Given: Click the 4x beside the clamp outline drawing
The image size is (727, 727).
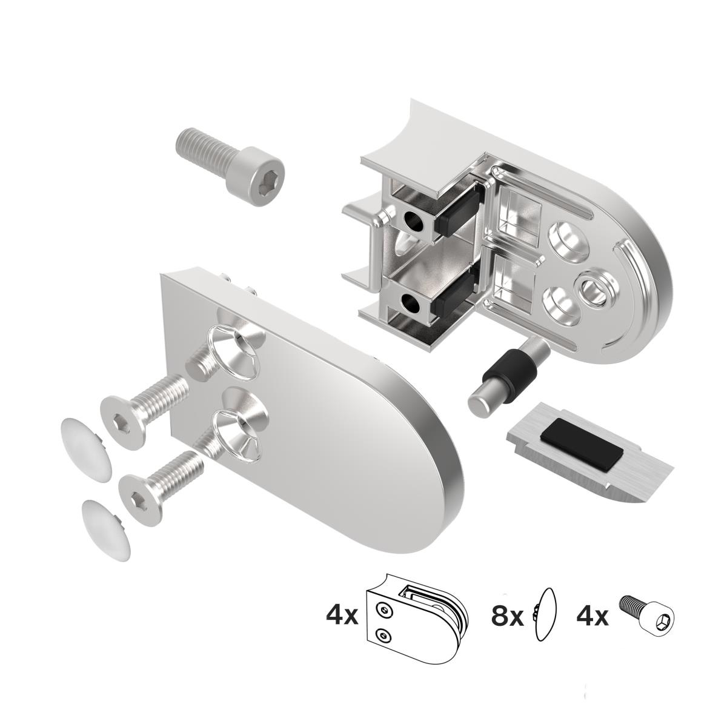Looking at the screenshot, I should pos(342,617).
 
